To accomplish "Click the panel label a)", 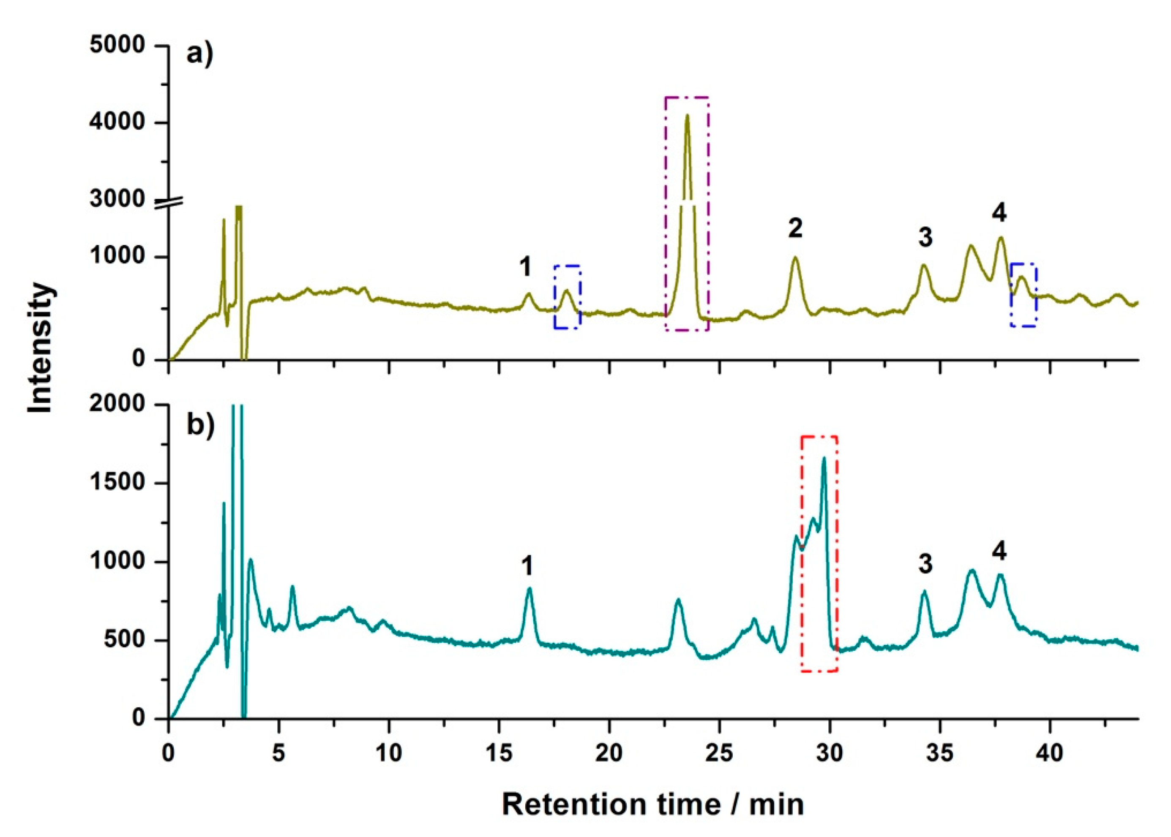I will [199, 53].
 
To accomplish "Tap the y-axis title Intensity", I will [41, 348].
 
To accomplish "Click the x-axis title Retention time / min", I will [653, 804].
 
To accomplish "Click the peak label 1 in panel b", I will [527, 567].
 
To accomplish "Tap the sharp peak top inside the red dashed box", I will [824, 458].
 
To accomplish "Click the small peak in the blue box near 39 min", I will [1021, 278].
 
